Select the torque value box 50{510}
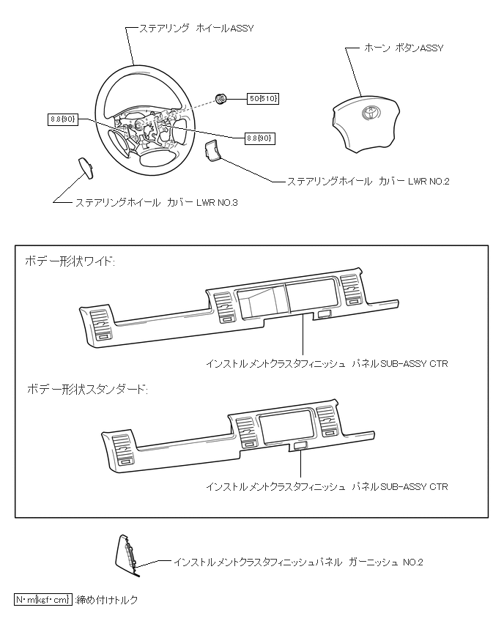click(264, 98)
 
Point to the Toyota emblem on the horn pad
click(367, 114)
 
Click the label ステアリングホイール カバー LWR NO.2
click(368, 181)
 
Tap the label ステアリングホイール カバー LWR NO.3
click(157, 202)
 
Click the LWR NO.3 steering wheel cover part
click(86, 168)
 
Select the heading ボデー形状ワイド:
click(70, 261)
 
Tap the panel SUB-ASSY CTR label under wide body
click(327, 363)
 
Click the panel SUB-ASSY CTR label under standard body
click(327, 486)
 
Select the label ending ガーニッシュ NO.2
click(298, 562)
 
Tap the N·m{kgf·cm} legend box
click(43, 600)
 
